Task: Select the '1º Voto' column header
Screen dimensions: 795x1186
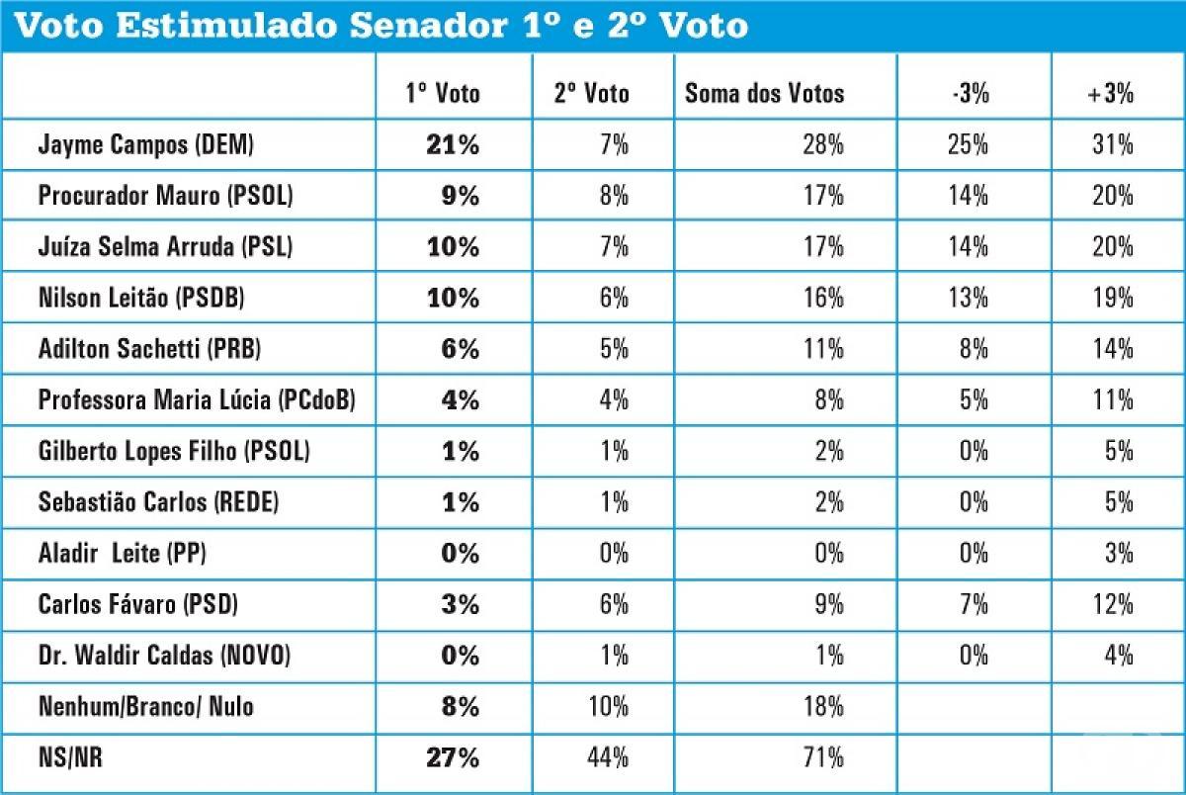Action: (x=443, y=94)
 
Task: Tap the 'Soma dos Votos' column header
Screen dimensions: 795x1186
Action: (x=765, y=94)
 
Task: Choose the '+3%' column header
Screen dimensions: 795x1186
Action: (x=1110, y=94)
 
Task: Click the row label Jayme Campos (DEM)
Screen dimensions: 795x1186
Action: (x=146, y=144)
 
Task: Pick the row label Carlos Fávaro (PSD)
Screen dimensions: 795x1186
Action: (x=138, y=604)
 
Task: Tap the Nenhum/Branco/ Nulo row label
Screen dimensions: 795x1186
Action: (x=145, y=707)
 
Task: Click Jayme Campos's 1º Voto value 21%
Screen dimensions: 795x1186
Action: (x=454, y=144)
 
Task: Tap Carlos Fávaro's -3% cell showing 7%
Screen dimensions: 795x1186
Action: (x=974, y=604)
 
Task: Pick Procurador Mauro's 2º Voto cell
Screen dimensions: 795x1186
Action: (x=614, y=196)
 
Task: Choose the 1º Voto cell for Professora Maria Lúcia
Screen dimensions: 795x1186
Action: (x=460, y=399)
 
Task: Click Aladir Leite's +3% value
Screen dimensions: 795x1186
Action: (x=1119, y=553)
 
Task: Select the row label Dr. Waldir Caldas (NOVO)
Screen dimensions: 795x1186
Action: (x=165, y=655)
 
